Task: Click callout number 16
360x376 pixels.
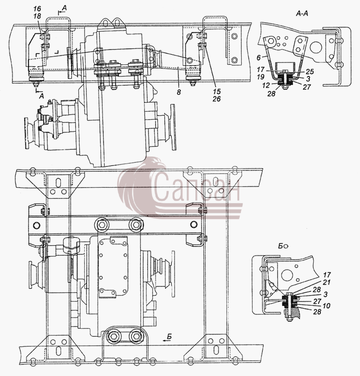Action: coord(37,9)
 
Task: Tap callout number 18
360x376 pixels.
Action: coord(37,16)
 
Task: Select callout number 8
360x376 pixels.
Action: coord(179,92)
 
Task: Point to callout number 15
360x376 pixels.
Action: coord(216,92)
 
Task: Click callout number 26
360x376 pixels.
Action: coord(216,99)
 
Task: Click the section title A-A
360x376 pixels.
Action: coord(301,13)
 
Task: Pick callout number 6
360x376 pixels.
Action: coord(258,58)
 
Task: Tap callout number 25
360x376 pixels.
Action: coord(310,72)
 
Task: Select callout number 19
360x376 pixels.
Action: coord(261,77)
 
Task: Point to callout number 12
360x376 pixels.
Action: coord(266,85)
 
